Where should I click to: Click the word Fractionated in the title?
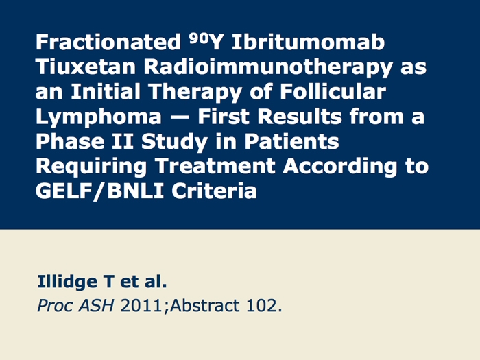tap(108, 42)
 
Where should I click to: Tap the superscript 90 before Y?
tap(199, 37)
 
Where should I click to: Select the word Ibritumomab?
tap(308, 42)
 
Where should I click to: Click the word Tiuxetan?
tap(86, 67)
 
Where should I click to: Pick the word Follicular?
tap(333, 91)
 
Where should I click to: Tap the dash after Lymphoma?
tap(180, 117)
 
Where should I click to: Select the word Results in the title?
tap(300, 117)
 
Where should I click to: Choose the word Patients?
tap(291, 141)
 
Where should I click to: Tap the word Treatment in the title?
tap(215, 166)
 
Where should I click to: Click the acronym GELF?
tap(64, 191)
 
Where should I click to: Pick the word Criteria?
tap(214, 191)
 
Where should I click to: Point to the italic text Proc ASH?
tap(75, 306)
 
